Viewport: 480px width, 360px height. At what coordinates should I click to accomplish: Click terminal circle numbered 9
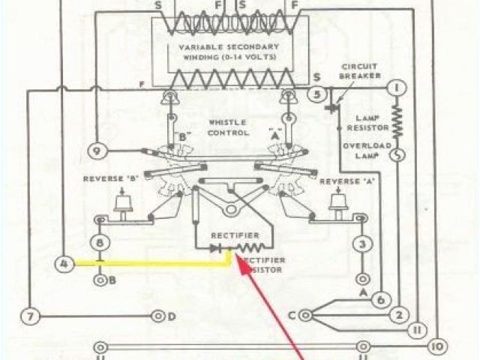click(x=97, y=151)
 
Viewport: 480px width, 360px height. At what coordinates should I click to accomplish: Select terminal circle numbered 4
click(x=64, y=263)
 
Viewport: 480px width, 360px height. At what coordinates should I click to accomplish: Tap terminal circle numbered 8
click(x=101, y=243)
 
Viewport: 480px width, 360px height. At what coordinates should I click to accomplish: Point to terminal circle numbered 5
click(x=318, y=95)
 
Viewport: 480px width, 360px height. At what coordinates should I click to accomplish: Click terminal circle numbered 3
click(x=363, y=244)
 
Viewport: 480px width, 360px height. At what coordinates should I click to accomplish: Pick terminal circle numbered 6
click(x=379, y=299)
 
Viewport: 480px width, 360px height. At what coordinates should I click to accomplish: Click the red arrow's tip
click(x=237, y=256)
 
